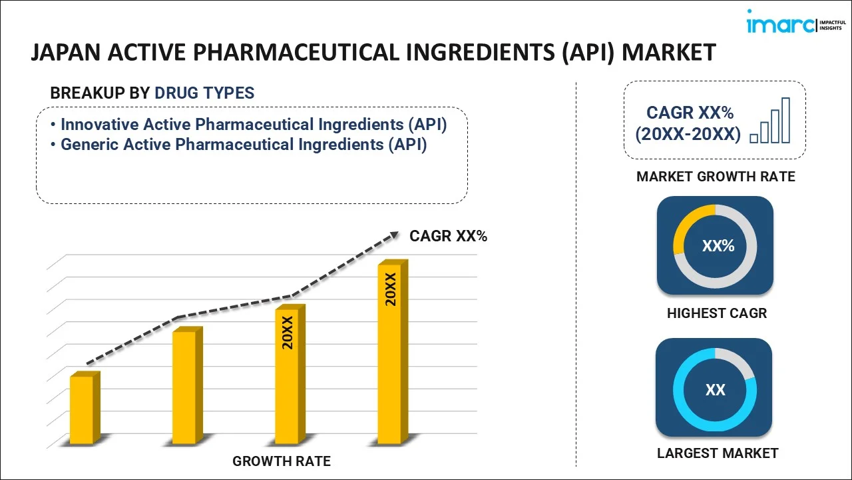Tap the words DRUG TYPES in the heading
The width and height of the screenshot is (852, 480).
point(204,93)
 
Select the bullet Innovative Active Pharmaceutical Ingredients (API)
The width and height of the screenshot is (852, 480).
point(253,125)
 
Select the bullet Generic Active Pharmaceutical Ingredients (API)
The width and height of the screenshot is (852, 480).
point(243,145)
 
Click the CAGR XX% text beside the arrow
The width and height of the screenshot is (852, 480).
point(448,235)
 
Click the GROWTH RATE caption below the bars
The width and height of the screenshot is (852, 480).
point(281,461)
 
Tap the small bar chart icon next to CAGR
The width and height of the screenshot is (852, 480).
point(770,121)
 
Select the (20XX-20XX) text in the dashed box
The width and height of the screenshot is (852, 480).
point(688,134)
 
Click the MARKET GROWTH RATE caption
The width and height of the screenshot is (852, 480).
point(716,177)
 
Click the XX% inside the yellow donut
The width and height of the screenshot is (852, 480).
point(718,246)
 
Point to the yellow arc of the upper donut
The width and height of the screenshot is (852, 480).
point(686,227)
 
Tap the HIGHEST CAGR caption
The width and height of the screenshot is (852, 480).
point(717,313)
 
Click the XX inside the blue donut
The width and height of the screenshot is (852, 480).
point(716,389)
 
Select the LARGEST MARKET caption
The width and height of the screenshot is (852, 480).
point(717,453)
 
